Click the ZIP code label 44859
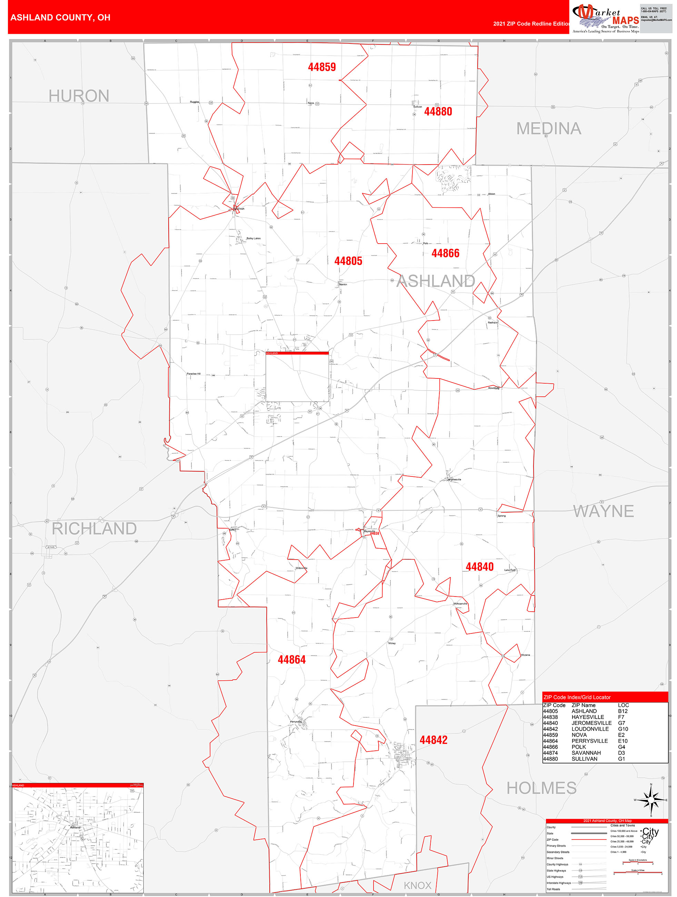coord(321,67)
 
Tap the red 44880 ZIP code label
coord(438,111)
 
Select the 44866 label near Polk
coord(445,254)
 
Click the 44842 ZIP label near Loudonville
coord(434,740)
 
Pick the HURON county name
coord(79,96)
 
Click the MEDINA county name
coord(548,129)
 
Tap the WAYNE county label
coord(603,511)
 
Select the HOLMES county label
coord(541,788)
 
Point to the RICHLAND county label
coord(94,529)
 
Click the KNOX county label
coord(417,885)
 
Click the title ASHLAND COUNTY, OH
coord(60,18)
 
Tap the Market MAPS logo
coord(605,18)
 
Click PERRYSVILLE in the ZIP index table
coord(589,741)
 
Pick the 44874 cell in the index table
coord(550,753)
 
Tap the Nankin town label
coord(343,285)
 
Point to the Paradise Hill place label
coord(193,374)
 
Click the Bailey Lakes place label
coord(253,238)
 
